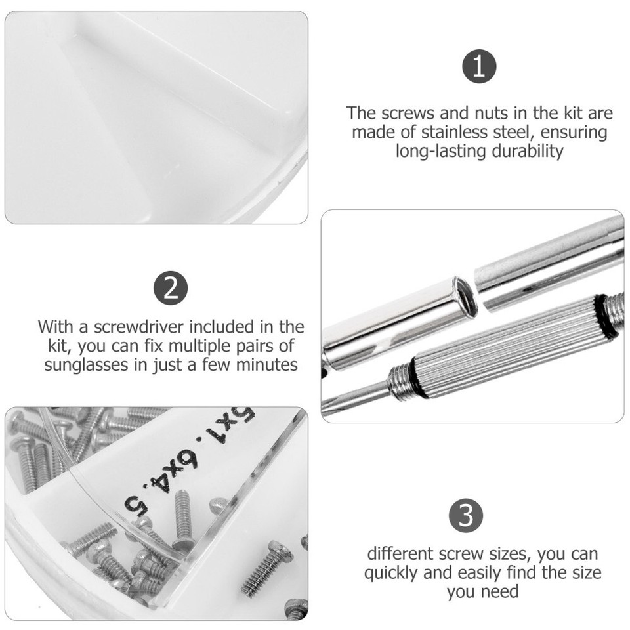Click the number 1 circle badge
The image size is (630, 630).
click(479, 67)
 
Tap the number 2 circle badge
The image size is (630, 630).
click(171, 288)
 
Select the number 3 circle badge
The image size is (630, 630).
click(466, 515)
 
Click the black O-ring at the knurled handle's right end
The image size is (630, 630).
click(604, 316)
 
